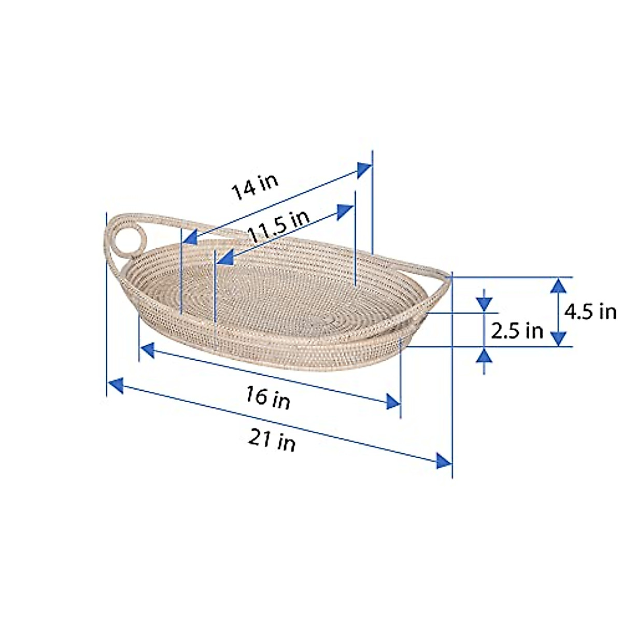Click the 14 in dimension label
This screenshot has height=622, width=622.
coord(255,188)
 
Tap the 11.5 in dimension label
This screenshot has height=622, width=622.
coord(278,227)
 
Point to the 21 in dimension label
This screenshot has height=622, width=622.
coord(272,441)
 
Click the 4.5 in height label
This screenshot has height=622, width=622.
coord(590,312)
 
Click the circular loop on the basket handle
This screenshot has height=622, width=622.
coord(125,238)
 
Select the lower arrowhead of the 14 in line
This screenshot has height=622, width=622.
coord(189,238)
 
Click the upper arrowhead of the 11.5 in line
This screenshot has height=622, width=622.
coord(345,212)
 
